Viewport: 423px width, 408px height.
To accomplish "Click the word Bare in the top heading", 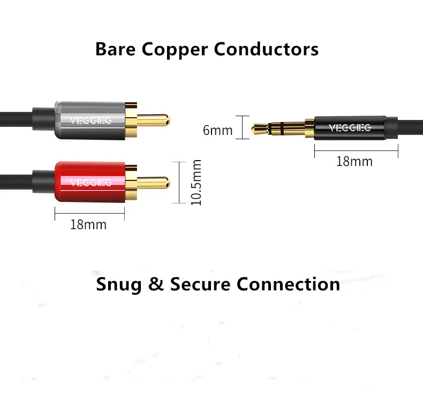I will (116, 49).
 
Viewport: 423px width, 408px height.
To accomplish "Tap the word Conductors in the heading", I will (266, 49).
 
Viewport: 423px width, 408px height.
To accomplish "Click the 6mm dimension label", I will (217, 130).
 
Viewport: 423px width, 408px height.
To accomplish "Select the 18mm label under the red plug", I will (88, 224).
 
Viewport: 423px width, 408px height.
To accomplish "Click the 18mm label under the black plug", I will (354, 161).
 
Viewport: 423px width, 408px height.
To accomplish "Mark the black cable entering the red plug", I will (21, 179).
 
